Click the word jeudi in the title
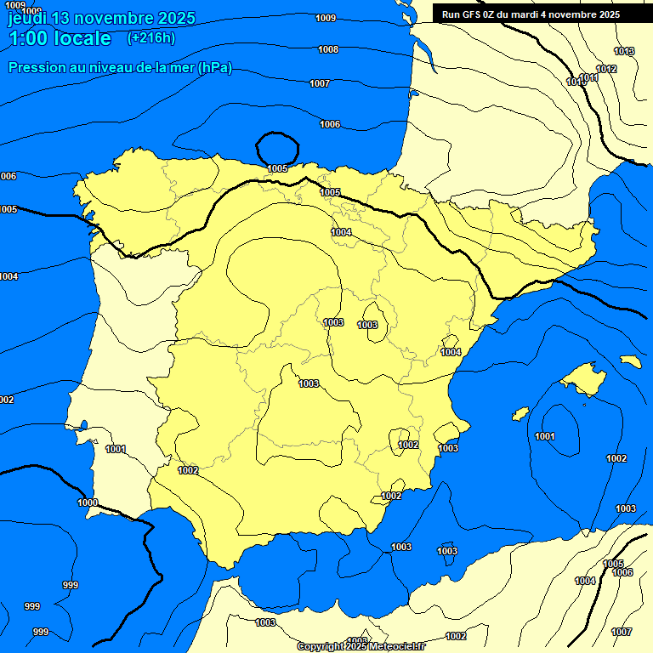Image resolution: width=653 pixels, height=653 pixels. (x=27, y=18)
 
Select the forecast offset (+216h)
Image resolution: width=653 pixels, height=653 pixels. (x=150, y=38)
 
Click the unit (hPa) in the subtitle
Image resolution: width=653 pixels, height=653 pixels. (x=214, y=68)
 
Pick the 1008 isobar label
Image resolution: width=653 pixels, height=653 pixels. (x=328, y=49)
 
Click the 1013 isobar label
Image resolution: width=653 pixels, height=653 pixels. (x=624, y=52)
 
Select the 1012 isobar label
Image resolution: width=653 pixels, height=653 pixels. (x=606, y=69)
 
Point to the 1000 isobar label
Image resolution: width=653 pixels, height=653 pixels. (x=88, y=503)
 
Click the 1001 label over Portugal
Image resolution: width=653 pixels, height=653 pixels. (x=116, y=449)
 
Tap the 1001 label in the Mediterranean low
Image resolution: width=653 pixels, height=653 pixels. (x=545, y=436)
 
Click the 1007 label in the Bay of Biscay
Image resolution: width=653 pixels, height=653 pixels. (x=320, y=83)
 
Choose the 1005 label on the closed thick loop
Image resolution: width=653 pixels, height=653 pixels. (x=277, y=168)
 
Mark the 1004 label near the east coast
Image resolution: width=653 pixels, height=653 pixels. (x=451, y=352)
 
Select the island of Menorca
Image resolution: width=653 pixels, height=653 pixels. (x=630, y=361)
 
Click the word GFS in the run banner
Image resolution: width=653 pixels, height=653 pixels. (x=466, y=14)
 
